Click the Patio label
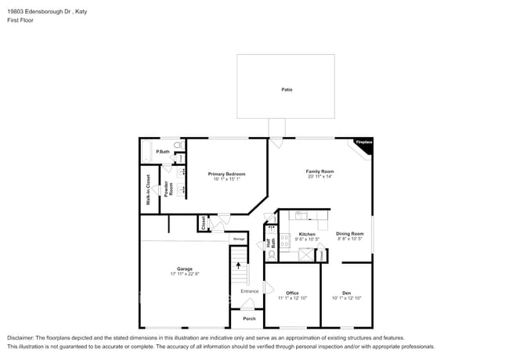287,90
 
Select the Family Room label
320,171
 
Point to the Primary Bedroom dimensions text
226,178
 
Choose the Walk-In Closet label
148,189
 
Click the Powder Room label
166,189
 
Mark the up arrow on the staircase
238,265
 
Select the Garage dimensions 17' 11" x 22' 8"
185,273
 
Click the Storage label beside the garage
240,238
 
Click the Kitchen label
307,234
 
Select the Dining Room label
350,234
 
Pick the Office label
292,293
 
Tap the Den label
346,293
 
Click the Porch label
249,319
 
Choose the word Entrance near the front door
249,291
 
